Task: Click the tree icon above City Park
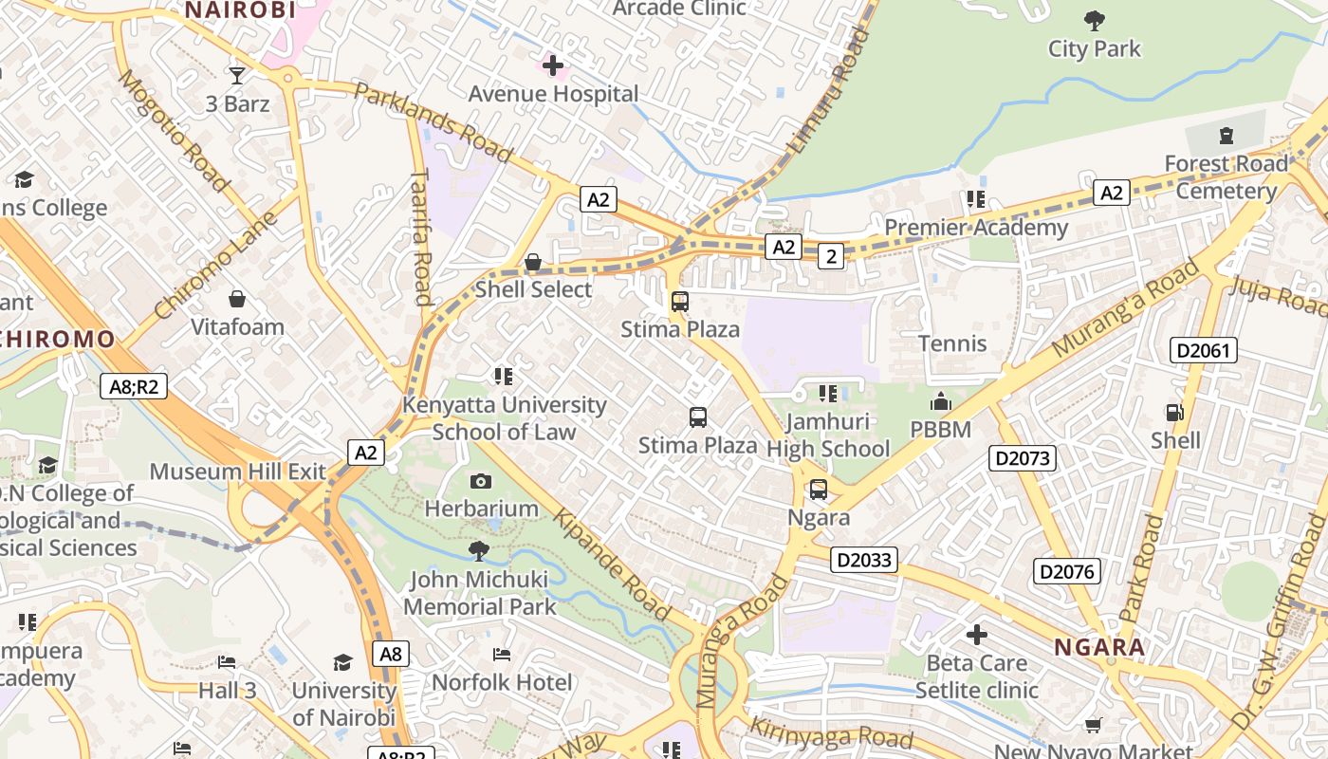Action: pos(1094,20)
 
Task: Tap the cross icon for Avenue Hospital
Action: pos(553,65)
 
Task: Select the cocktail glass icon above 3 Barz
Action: pos(237,75)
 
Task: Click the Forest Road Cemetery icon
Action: pos(1227,136)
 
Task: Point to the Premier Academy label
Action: pos(976,228)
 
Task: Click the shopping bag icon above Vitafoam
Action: pos(237,300)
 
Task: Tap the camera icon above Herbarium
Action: pos(481,481)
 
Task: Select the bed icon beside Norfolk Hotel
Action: pos(502,655)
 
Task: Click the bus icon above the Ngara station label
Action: pos(818,490)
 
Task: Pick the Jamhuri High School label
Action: pos(828,435)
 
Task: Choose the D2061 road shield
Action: pos(1204,350)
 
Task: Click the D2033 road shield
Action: pos(864,560)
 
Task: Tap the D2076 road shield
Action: pos(1067,571)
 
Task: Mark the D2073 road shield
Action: pos(1023,458)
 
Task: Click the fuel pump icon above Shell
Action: pos(1174,413)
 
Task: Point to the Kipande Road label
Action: pos(613,565)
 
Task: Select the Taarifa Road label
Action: pos(422,237)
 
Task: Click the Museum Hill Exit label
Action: pos(237,472)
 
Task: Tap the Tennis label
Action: pos(952,343)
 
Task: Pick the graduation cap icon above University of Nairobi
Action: pos(342,662)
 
